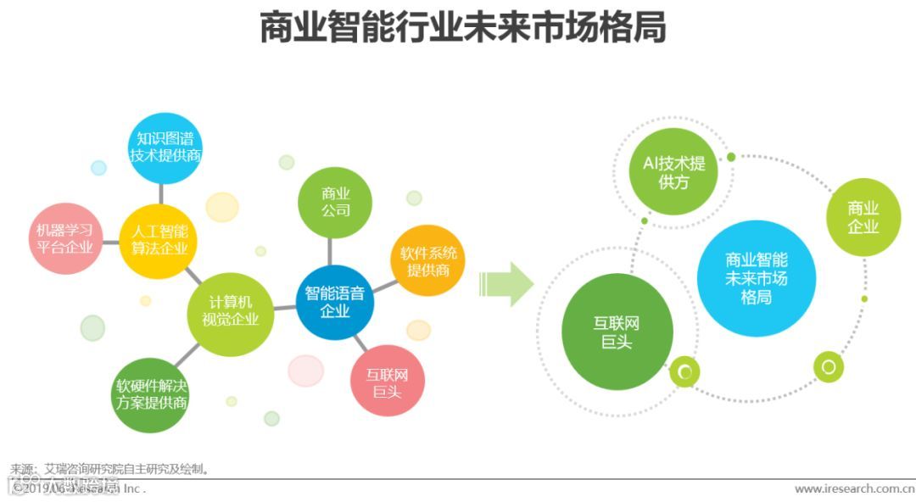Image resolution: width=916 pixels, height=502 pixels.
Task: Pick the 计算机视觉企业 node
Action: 230,311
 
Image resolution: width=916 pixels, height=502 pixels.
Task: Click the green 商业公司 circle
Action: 335,202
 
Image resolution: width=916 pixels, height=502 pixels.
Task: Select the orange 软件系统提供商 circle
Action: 429,261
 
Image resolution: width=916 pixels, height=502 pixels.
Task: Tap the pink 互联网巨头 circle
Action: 387,382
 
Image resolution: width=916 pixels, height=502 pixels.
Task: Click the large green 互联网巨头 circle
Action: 617,332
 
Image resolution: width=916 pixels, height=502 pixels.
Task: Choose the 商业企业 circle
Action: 863,217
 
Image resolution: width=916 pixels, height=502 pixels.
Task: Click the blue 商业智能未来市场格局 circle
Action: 756,278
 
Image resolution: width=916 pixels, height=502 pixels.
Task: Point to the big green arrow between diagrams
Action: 505,284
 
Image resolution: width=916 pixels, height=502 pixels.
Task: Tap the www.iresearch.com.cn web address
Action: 853,489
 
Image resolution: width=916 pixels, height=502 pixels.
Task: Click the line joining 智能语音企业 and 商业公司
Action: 332,251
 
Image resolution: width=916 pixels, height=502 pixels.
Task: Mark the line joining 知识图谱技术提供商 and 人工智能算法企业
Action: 161,195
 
